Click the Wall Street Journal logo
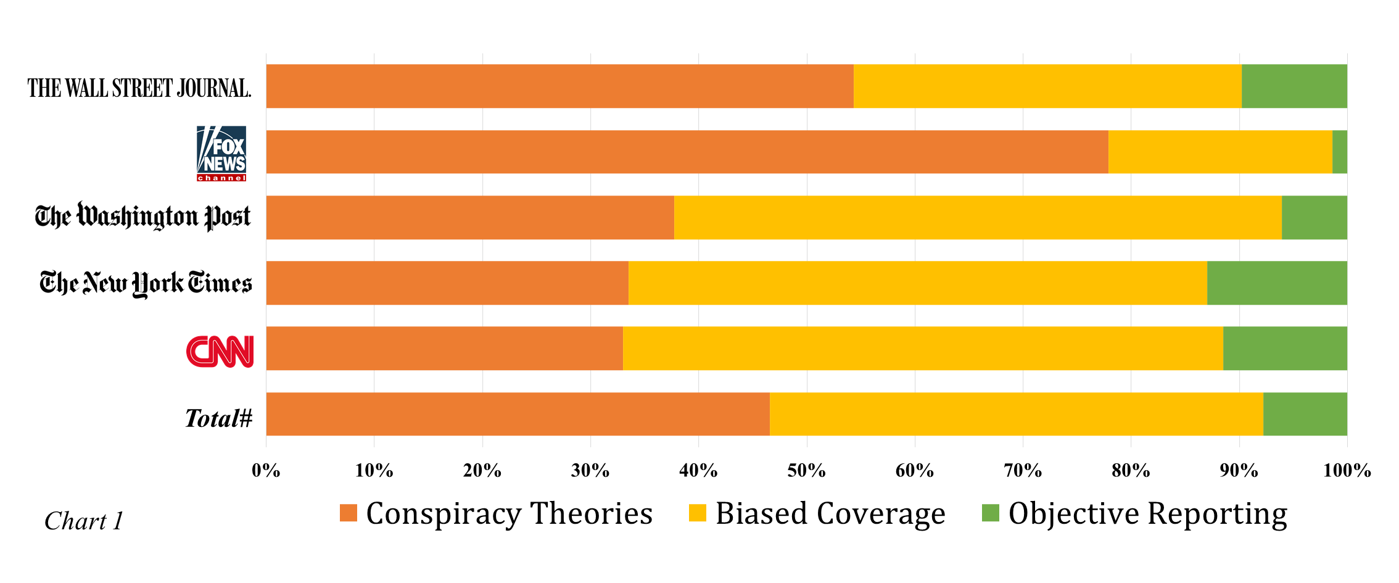tap(139, 88)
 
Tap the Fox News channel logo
tap(221, 153)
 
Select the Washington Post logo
tap(142, 217)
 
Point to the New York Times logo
tap(146, 283)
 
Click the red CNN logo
tap(220, 351)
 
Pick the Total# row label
tap(218, 418)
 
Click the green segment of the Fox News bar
tap(1339, 152)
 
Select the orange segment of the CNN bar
tap(444, 349)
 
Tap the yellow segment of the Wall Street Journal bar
tap(1047, 86)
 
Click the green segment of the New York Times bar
tap(1276, 283)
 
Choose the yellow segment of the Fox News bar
tap(1219, 152)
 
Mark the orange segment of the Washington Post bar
tap(469, 217)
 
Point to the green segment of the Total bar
tap(1305, 414)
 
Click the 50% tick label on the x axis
tap(806, 471)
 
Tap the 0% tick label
tap(266, 471)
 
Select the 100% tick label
tap(1347, 471)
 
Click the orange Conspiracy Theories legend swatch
tap(349, 513)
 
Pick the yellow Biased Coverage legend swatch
tap(697, 513)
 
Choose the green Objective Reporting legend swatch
tap(990, 513)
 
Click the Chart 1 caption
tap(84, 521)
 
